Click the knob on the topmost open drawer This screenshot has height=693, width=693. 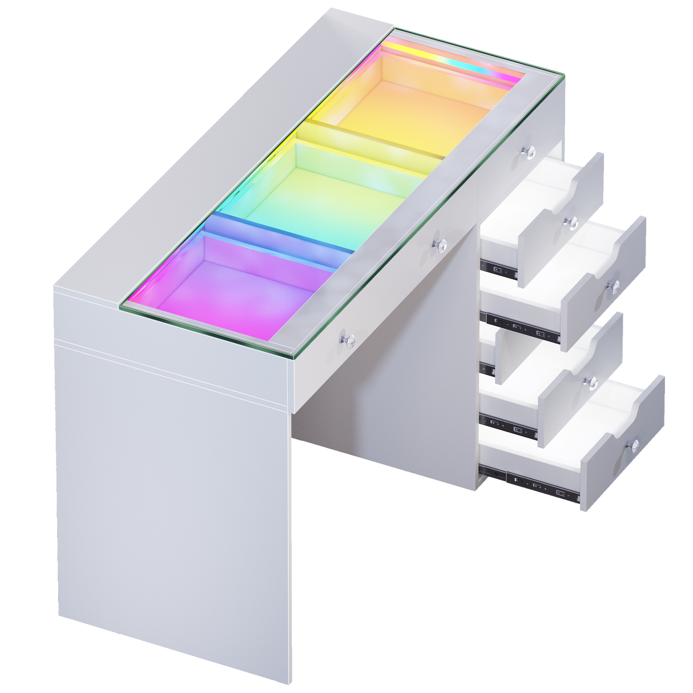point(569,221)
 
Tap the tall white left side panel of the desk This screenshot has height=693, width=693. point(171,485)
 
